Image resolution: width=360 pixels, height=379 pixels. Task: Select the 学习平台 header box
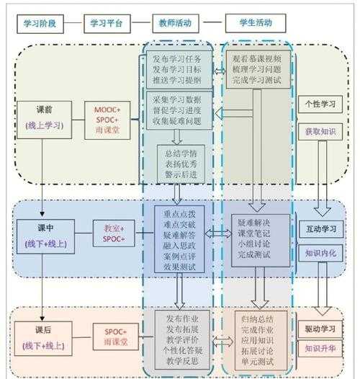107,24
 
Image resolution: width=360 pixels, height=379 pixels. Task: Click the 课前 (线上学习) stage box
43,117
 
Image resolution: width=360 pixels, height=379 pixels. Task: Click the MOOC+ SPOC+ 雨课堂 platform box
108,117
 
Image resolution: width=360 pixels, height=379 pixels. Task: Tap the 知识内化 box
318,254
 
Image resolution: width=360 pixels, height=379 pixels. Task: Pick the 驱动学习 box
318,329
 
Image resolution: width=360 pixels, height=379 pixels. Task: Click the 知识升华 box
318,348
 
